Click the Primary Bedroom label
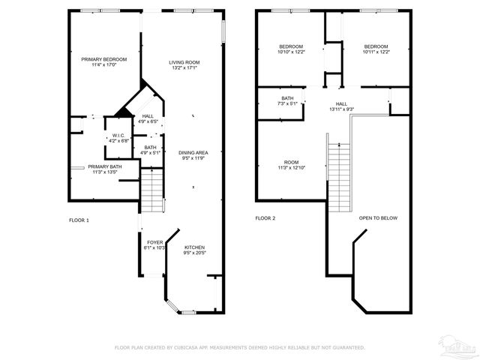click(104, 62)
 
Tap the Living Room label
click(184, 65)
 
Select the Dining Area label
click(193, 155)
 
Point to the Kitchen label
click(193, 250)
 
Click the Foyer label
click(154, 245)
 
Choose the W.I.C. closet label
click(118, 137)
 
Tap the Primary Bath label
click(104, 169)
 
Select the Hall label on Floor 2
click(341, 106)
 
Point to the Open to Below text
click(378, 218)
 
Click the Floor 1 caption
click(79, 220)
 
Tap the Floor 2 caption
click(265, 218)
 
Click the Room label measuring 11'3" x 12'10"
click(290, 165)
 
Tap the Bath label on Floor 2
click(287, 101)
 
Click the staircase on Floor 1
click(152, 190)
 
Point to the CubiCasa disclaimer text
click(239, 347)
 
